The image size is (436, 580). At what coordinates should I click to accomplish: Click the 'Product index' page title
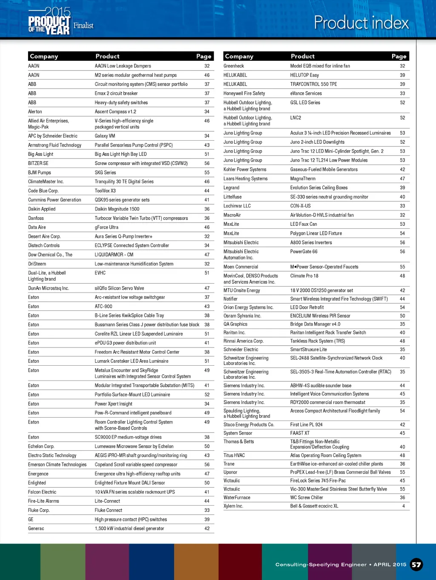(x=361, y=23)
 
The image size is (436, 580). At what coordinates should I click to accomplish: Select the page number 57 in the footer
(x=416, y=564)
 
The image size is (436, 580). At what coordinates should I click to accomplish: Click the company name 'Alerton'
(x=35, y=112)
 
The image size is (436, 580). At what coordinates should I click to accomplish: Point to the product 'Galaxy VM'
(x=105, y=136)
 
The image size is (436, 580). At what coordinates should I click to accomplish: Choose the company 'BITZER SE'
(x=38, y=163)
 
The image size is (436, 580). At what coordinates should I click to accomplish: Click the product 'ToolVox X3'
(x=105, y=191)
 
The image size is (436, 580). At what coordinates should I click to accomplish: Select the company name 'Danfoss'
(x=36, y=218)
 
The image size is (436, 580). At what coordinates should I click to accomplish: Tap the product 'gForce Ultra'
(x=106, y=227)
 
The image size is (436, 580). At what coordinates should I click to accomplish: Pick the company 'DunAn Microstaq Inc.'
(x=49, y=288)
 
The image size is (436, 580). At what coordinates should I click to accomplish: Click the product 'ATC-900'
(x=103, y=307)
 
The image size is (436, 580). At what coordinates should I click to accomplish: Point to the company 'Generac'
(x=36, y=529)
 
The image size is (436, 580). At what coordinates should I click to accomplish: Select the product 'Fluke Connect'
(x=108, y=510)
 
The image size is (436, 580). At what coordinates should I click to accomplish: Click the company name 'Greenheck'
(x=234, y=66)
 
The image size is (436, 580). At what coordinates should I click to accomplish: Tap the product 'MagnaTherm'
(x=303, y=179)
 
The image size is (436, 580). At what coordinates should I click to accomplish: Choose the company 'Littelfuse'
(x=232, y=197)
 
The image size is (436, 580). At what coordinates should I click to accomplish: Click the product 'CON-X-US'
(x=300, y=206)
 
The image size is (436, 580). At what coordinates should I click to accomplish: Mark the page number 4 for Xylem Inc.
(x=403, y=506)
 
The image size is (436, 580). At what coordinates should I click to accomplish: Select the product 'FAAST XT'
(x=300, y=433)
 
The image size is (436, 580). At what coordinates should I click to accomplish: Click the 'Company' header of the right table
(x=239, y=56)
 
